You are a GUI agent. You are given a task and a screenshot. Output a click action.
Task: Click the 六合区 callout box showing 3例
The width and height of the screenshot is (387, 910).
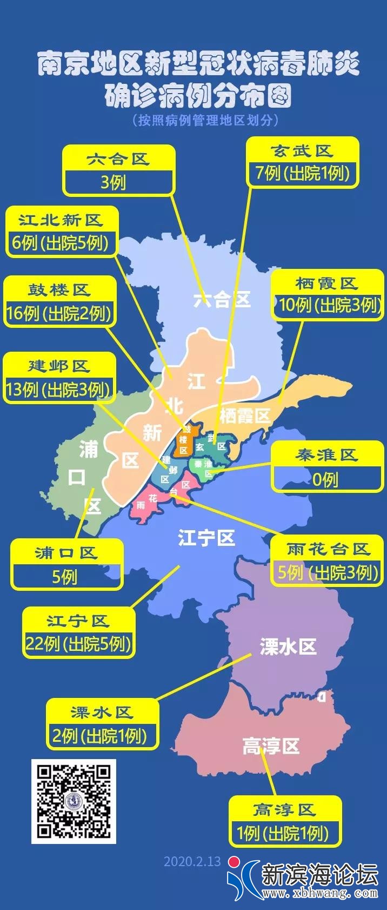119,170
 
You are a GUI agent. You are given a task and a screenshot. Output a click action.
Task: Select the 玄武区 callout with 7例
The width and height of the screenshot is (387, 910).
302,162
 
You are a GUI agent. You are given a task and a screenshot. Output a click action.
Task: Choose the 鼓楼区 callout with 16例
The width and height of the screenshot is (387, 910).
59,302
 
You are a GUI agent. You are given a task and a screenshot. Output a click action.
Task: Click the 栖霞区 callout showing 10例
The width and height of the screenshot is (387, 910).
327,294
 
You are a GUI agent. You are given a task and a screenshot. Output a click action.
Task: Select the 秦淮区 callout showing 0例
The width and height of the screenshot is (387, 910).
326,467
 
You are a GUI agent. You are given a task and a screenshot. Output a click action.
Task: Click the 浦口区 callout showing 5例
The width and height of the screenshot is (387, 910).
66,565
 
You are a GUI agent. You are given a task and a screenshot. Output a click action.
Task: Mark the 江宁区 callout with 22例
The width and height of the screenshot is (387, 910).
78,632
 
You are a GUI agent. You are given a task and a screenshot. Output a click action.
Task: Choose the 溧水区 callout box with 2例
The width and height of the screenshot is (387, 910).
102,724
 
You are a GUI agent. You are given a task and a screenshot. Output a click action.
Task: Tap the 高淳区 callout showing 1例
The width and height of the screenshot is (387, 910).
284,821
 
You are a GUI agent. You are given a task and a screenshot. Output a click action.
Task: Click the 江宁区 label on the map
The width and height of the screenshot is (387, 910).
206,538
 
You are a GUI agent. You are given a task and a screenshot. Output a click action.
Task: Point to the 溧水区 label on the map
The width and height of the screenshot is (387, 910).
288,647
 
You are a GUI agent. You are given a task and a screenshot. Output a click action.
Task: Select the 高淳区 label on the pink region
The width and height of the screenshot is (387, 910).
271,747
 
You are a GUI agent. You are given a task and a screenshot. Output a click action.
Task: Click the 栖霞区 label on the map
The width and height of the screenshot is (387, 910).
245,416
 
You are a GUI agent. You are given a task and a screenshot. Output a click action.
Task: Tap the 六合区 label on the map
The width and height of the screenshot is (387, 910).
222,300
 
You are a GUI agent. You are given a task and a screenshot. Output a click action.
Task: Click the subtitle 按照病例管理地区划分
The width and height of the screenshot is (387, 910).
206,120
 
